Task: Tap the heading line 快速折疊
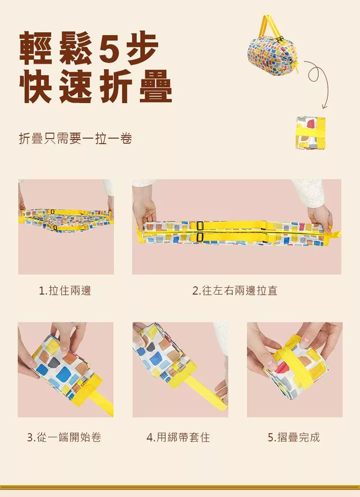click(x=96, y=86)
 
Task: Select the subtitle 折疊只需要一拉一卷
click(x=75, y=139)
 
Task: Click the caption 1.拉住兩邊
click(x=65, y=291)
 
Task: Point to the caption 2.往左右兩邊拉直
click(x=235, y=291)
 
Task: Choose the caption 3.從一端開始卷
click(x=64, y=437)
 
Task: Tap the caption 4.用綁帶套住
click(x=178, y=437)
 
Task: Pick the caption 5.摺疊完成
click(x=294, y=437)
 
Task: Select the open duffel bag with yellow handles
click(x=273, y=47)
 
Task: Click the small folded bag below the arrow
click(x=311, y=132)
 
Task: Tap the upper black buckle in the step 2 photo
click(x=200, y=226)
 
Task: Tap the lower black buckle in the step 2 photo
click(x=200, y=237)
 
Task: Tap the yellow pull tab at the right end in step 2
click(x=336, y=234)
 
